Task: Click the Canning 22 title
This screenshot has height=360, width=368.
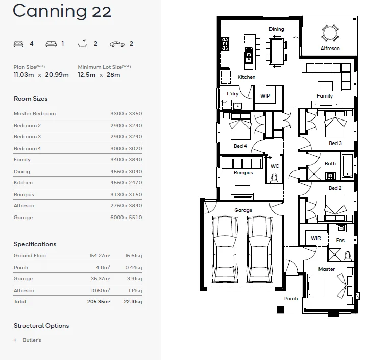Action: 62,11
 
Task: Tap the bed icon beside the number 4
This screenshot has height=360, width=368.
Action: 18,44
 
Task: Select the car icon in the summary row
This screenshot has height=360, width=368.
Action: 117,44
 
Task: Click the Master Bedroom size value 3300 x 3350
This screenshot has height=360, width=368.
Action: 126,114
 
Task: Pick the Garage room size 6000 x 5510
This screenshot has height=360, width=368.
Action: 126,217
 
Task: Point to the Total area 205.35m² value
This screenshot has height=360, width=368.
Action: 99,301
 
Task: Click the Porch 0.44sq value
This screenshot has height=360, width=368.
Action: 134,267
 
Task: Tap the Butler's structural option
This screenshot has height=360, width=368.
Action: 32,340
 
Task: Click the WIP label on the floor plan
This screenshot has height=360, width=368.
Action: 265,96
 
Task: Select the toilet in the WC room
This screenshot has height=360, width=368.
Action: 274,178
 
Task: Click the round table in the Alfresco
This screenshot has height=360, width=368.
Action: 330,33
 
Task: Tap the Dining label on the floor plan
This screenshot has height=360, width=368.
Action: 277,29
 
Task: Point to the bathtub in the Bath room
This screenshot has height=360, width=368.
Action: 347,166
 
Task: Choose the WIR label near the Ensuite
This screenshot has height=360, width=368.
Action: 315,238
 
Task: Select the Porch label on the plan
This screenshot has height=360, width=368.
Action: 291,299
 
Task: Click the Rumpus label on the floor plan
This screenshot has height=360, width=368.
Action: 243,173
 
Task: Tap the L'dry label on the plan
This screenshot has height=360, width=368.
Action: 232,93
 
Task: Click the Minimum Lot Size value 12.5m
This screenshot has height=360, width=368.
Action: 87,75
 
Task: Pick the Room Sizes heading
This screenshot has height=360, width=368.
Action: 31,99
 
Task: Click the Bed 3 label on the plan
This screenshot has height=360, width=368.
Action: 335,143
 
